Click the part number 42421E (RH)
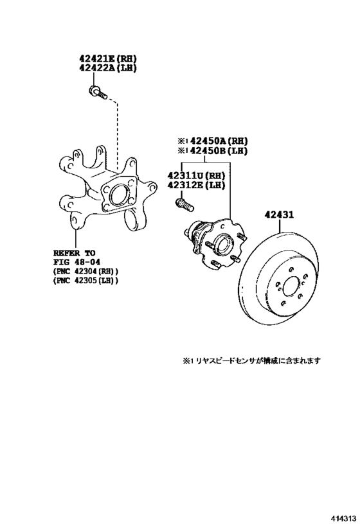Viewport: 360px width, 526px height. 108,58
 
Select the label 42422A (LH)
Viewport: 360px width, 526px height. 108,68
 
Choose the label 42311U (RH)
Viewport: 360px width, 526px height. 196,175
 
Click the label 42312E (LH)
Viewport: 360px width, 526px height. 196,185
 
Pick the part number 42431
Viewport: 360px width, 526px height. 279,214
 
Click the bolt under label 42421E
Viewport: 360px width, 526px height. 98,92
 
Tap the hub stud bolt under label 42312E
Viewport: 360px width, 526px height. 184,205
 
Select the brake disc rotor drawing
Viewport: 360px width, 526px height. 280,278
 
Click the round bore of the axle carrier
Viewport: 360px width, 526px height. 118,195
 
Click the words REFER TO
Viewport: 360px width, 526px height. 74,252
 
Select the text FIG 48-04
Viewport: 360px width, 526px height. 76,261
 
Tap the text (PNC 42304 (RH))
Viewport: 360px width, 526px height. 86,271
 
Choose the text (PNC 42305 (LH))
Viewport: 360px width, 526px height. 86,280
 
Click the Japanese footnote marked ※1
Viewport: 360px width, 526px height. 251,360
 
